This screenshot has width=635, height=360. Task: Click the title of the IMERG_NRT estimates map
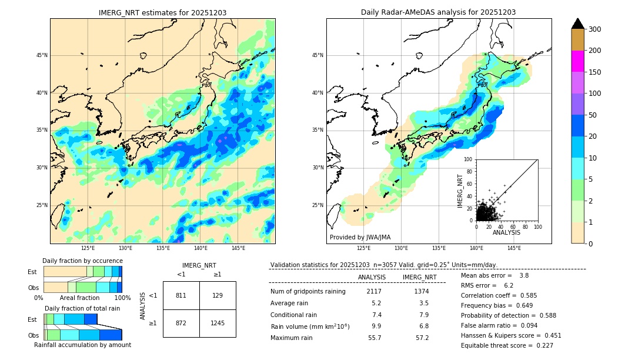point(162,12)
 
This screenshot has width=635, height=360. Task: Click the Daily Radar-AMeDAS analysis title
point(438,12)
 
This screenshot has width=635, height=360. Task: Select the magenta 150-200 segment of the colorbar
point(577,61)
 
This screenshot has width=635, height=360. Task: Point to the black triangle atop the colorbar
point(577,24)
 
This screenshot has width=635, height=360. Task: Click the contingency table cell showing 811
point(181,295)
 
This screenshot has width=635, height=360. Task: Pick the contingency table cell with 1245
point(218,324)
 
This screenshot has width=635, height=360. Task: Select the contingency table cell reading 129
point(218,295)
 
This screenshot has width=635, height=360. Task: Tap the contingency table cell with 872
point(181,324)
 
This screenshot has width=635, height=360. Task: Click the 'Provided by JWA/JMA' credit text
point(360,237)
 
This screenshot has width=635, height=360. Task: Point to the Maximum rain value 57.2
point(422,338)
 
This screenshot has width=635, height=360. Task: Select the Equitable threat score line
point(507,345)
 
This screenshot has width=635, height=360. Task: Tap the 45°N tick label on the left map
point(42,55)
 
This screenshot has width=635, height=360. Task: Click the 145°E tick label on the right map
point(514,248)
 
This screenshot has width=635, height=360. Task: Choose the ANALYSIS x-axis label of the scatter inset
point(506,232)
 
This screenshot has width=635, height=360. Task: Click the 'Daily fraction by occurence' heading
point(82,261)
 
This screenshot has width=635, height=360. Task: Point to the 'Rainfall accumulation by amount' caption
point(82,345)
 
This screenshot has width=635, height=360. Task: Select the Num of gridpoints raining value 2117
point(374,291)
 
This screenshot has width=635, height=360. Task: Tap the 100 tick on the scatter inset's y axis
point(469,159)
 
